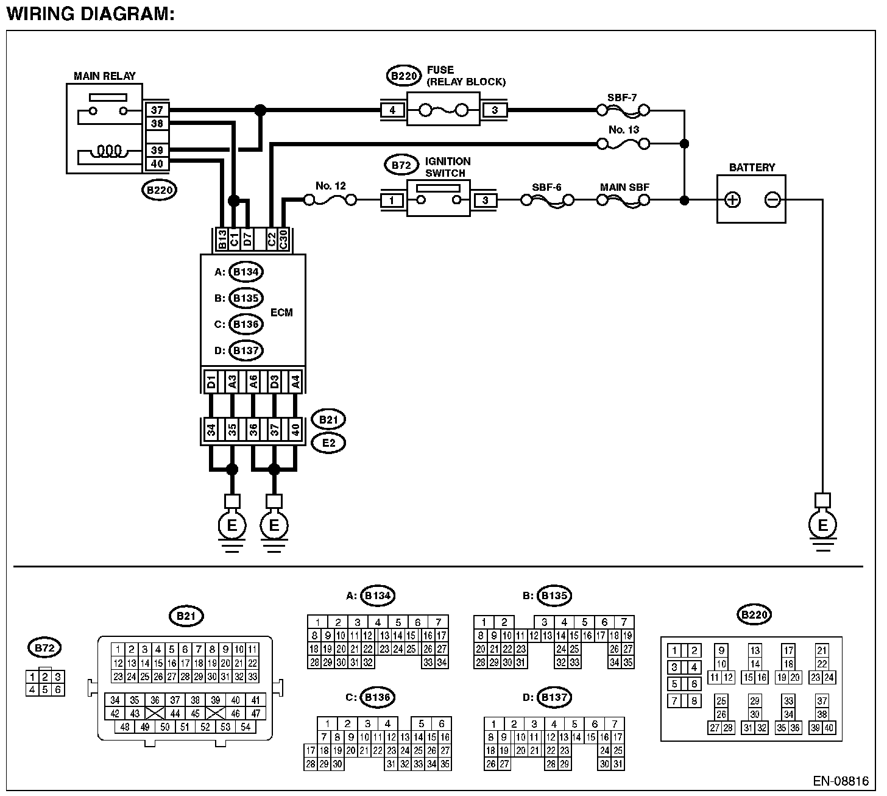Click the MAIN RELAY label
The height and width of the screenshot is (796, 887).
coord(104,76)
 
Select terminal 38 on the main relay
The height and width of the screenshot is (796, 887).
coord(157,124)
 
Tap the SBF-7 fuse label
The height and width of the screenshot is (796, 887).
coord(623,98)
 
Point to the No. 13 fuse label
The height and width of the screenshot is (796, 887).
coord(624,130)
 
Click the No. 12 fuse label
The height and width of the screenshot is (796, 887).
coord(331,185)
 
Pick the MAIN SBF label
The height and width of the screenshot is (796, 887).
coord(624,187)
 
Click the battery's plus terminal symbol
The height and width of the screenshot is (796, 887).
coord(733,200)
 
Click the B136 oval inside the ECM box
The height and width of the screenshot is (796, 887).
coord(246,324)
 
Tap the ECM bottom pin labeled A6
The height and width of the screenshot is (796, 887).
coord(253,382)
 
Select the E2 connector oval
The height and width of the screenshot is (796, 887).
coord(328,443)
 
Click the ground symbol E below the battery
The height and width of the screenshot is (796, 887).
coord(822,525)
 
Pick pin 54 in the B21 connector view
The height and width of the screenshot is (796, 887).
coord(246,727)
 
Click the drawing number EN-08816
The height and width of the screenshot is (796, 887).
coord(840,781)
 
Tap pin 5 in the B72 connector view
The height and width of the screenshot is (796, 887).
coord(45,690)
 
